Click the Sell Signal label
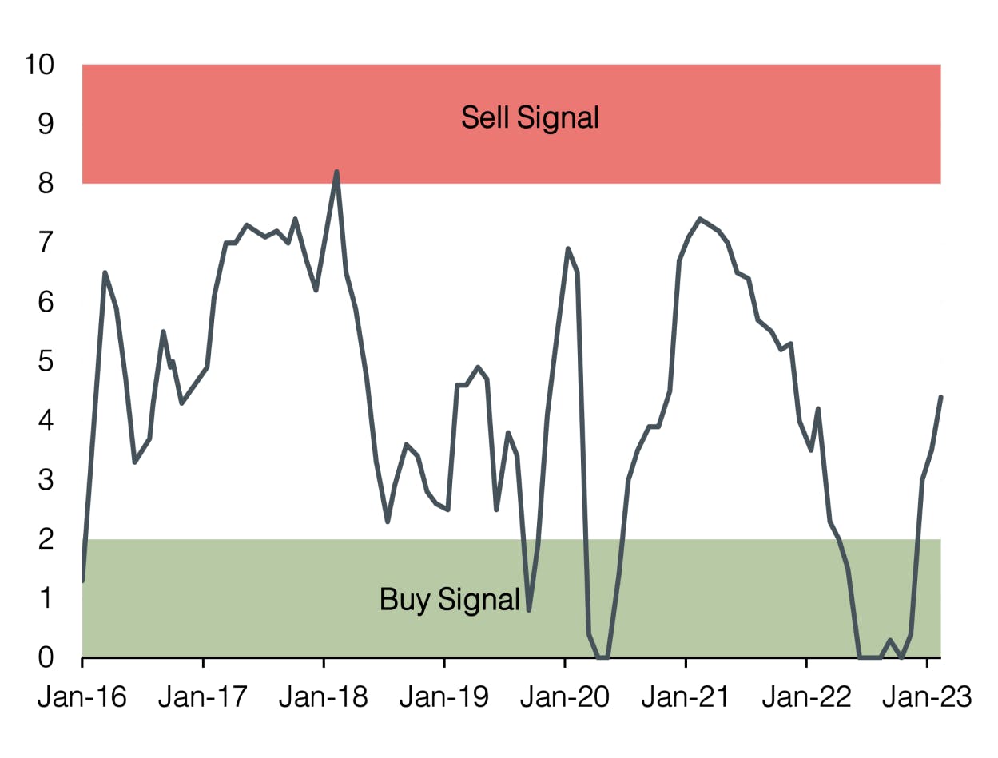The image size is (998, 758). [530, 118]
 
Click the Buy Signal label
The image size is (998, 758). [450, 599]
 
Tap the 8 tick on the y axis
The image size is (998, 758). [46, 184]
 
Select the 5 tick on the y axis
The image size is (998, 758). [46, 362]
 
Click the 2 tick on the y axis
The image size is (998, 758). [46, 540]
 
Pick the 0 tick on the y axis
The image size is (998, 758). [46, 658]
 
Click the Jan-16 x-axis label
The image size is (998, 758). [82, 697]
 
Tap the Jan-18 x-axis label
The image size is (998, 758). [324, 697]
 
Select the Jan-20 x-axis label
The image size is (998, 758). [565, 697]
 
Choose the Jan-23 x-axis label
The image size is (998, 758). [927, 697]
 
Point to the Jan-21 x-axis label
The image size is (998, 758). [686, 697]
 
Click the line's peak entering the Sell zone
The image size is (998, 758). [336, 171]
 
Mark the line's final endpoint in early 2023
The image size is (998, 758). [941, 397]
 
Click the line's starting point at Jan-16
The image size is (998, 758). [83, 581]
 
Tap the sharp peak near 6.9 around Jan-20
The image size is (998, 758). [567, 248]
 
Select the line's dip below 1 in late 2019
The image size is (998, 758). [529, 610]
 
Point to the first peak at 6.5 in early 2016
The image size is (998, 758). [105, 272]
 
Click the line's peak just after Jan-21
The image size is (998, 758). [699, 218]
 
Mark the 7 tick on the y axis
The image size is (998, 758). [46, 243]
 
